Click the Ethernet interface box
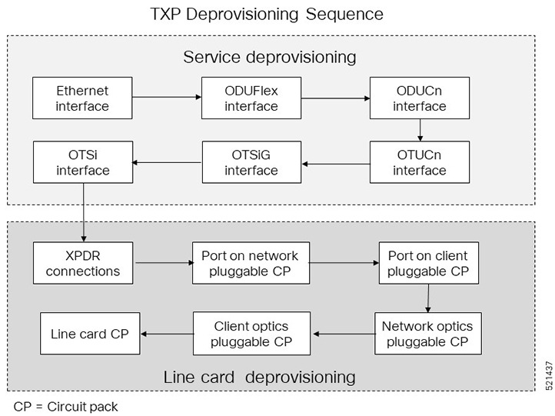[x=82, y=98]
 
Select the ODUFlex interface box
[x=251, y=98]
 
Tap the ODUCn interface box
[x=419, y=98]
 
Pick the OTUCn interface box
[x=419, y=161]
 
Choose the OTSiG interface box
[x=251, y=161]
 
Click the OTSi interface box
[x=82, y=161]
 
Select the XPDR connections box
[x=82, y=263]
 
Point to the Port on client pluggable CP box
[x=427, y=263]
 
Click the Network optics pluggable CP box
[x=427, y=333]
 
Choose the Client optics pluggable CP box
[x=251, y=333]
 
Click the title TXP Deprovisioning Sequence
[x=277, y=14]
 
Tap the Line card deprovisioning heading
[x=259, y=377]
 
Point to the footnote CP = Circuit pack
[x=66, y=406]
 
